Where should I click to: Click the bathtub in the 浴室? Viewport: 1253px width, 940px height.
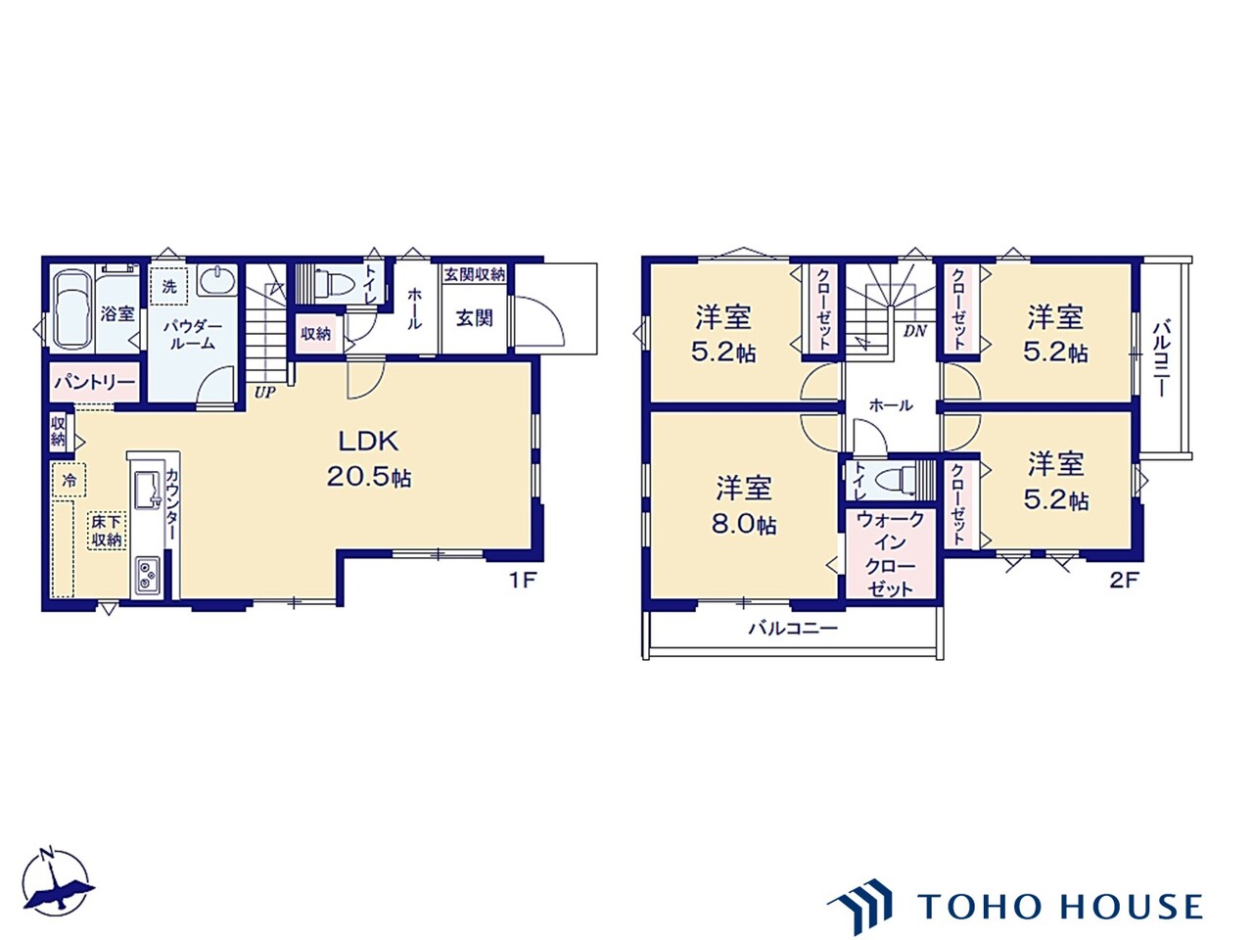[72, 308]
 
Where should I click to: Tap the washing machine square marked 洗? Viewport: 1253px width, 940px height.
[169, 287]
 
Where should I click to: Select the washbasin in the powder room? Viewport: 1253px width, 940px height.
[217, 280]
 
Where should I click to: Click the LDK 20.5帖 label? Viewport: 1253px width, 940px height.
[369, 458]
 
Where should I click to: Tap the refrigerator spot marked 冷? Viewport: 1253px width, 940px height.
[70, 480]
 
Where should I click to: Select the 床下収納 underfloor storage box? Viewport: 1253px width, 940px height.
[107, 532]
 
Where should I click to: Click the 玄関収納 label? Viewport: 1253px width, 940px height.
[475, 274]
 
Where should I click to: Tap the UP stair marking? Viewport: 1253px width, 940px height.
[265, 392]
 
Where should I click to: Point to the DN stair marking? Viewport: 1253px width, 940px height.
[915, 332]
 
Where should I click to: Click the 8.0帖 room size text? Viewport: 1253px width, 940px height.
[744, 524]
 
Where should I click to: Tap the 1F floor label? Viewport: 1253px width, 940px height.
[523, 581]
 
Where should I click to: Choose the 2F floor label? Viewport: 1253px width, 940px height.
[1124, 581]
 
